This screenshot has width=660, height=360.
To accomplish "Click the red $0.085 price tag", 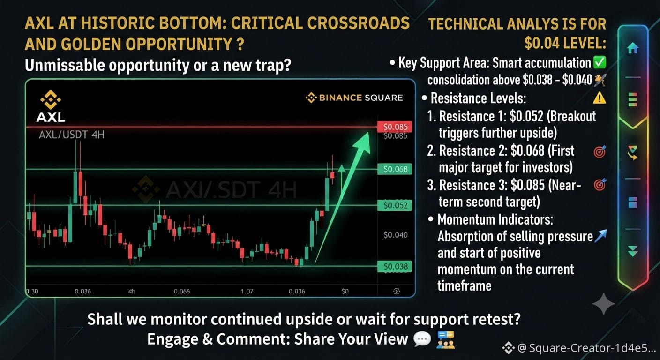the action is [x=395, y=127].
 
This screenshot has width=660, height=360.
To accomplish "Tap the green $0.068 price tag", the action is [x=395, y=169].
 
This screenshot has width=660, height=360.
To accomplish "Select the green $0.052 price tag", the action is [x=395, y=205].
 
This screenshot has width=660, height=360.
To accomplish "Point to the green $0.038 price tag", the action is [x=395, y=267].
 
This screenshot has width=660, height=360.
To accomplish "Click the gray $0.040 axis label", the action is [x=396, y=235].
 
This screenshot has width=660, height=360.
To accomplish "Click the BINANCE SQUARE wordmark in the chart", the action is [x=354, y=97].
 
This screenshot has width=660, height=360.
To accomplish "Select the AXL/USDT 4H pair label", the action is [x=72, y=135].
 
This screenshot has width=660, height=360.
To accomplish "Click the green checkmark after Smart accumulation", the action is [x=600, y=62].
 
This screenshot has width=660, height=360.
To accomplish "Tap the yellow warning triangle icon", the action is [x=600, y=98].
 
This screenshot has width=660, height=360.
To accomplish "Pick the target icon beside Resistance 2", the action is [x=600, y=151].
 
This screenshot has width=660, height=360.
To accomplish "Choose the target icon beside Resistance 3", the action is [x=600, y=185].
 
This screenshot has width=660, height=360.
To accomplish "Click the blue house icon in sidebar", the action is [x=633, y=48].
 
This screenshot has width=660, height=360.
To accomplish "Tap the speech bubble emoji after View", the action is [x=422, y=339].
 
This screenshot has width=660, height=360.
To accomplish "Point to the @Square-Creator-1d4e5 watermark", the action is [x=579, y=348].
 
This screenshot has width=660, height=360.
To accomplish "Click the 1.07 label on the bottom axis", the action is [x=247, y=292].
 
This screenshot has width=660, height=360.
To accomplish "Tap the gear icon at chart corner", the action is [x=397, y=292].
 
